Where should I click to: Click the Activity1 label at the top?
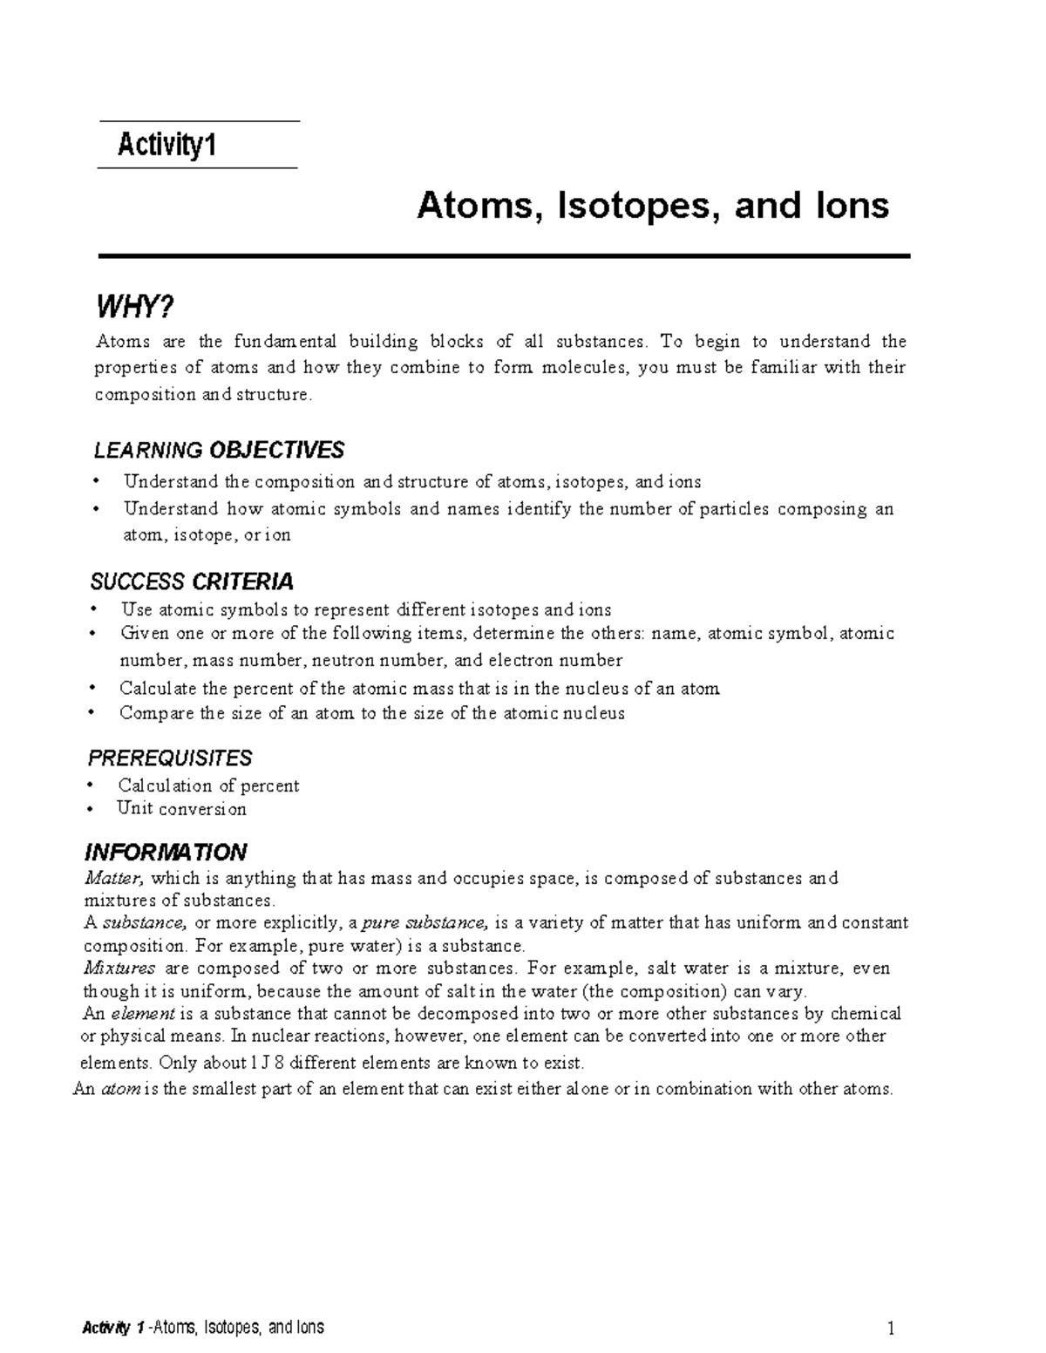coord(166,145)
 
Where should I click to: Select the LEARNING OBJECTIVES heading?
coord(218,450)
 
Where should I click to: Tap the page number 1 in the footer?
coord(891,1329)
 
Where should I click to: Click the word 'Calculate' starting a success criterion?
coord(158,688)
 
